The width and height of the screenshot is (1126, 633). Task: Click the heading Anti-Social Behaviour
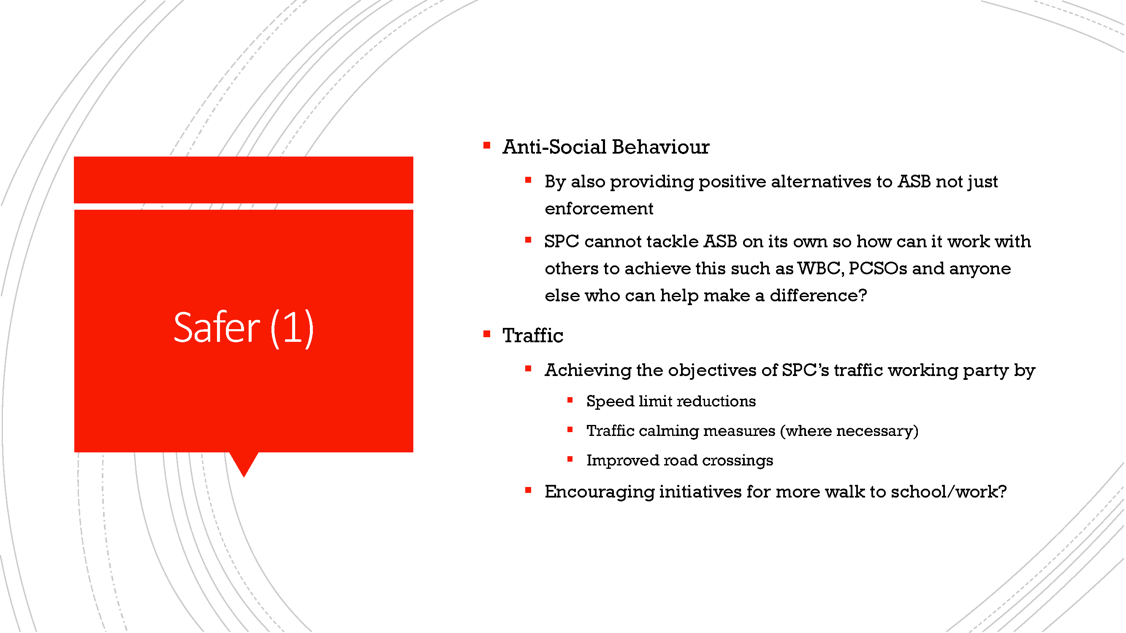pyautogui.click(x=606, y=147)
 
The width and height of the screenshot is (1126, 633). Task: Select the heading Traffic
pyautogui.click(x=533, y=335)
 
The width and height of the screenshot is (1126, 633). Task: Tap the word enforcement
pyautogui.click(x=599, y=209)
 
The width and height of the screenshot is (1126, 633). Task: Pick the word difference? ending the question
pyautogui.click(x=818, y=296)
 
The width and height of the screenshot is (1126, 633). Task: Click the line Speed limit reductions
pyautogui.click(x=671, y=401)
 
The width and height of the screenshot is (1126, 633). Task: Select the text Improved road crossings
pyautogui.click(x=680, y=460)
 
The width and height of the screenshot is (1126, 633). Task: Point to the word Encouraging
pyautogui.click(x=599, y=492)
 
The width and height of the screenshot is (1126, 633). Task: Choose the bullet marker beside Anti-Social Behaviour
pyautogui.click(x=486, y=145)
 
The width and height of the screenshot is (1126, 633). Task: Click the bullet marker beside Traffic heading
pyautogui.click(x=486, y=334)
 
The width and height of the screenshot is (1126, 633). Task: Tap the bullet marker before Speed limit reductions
pyautogui.click(x=570, y=400)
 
